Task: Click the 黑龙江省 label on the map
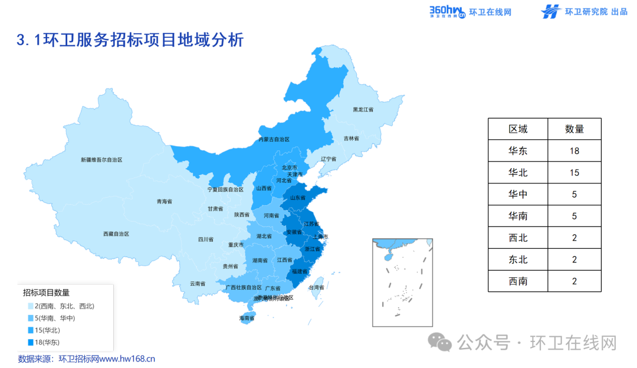coord(363,110)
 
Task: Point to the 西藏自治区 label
coord(116,234)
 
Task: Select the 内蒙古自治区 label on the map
coord(274,140)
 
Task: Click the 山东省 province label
coord(297,198)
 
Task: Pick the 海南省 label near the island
coord(247,318)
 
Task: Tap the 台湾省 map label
coord(317,287)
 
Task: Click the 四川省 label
coord(205,240)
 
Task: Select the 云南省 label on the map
coord(198,284)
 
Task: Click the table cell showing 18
coord(574,151)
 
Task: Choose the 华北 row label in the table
coord(518,173)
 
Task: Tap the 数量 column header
coord(574,129)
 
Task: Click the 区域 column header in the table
coord(518,129)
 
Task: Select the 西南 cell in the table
coord(518,281)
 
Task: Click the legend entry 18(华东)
coord(47,342)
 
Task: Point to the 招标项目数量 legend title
coord(46,293)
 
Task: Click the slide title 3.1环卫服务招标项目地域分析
coord(130,40)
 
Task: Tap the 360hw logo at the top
coord(448,11)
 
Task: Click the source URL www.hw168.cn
coord(126,358)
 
